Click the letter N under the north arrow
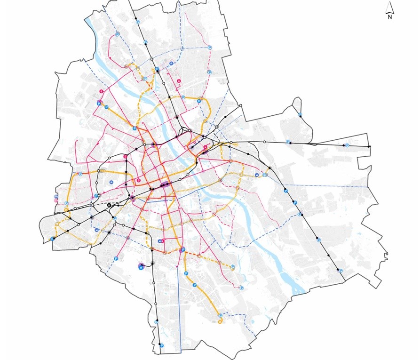click(390, 17)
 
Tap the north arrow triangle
click(390, 8)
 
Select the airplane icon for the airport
click(141, 267)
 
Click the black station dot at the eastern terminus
click(369, 147)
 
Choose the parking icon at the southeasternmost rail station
click(341, 271)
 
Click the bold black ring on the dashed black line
click(109, 205)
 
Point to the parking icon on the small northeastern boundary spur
click(301, 114)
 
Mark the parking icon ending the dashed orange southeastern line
click(233, 267)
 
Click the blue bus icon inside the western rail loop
click(111, 182)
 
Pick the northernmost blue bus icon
click(171, 64)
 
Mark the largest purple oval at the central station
click(166, 185)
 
